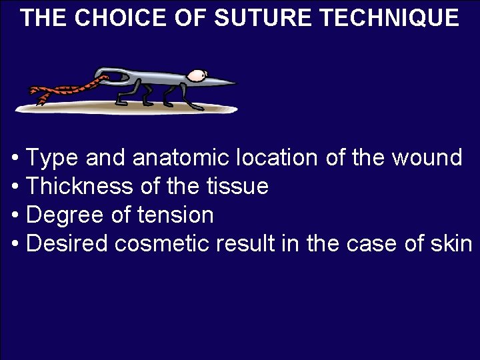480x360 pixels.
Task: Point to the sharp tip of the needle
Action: click(x=235, y=83)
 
